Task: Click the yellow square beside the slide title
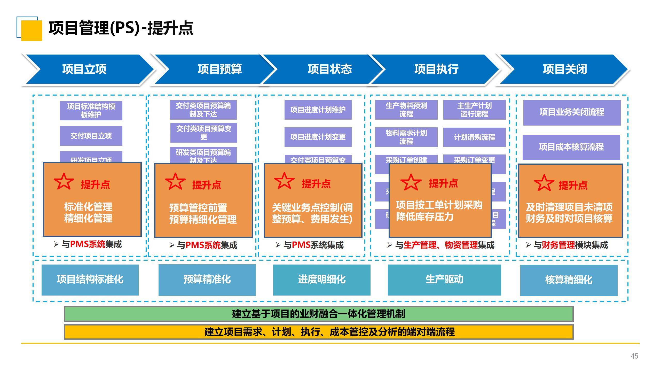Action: pyautogui.click(x=32, y=30)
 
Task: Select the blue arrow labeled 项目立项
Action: pyautogui.click(x=84, y=69)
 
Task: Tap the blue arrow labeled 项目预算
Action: pyautogui.click(x=219, y=69)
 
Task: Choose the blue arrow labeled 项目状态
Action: pyautogui.click(x=329, y=69)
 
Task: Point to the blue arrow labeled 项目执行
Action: pyautogui.click(x=436, y=69)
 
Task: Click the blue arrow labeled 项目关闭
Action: pyautogui.click(x=565, y=69)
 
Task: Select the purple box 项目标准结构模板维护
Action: pyautogui.click(x=91, y=111)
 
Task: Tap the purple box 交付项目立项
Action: pyautogui.click(x=91, y=136)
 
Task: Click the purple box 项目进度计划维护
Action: pyautogui.click(x=318, y=110)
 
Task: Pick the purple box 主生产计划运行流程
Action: pyautogui.click(x=474, y=110)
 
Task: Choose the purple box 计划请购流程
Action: pyautogui.click(x=474, y=137)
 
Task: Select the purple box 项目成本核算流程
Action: pyautogui.click(x=571, y=147)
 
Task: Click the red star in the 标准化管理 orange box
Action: pyautogui.click(x=64, y=181)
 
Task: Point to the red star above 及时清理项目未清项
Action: pyautogui.click(x=544, y=183)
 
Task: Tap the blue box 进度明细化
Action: pyautogui.click(x=322, y=280)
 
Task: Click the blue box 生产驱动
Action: pyautogui.click(x=444, y=280)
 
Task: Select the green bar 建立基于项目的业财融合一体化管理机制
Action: pyautogui.click(x=318, y=314)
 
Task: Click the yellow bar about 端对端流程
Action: pyautogui.click(x=318, y=332)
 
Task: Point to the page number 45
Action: pyautogui.click(x=634, y=356)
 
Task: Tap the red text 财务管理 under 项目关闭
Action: pyautogui.click(x=558, y=245)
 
